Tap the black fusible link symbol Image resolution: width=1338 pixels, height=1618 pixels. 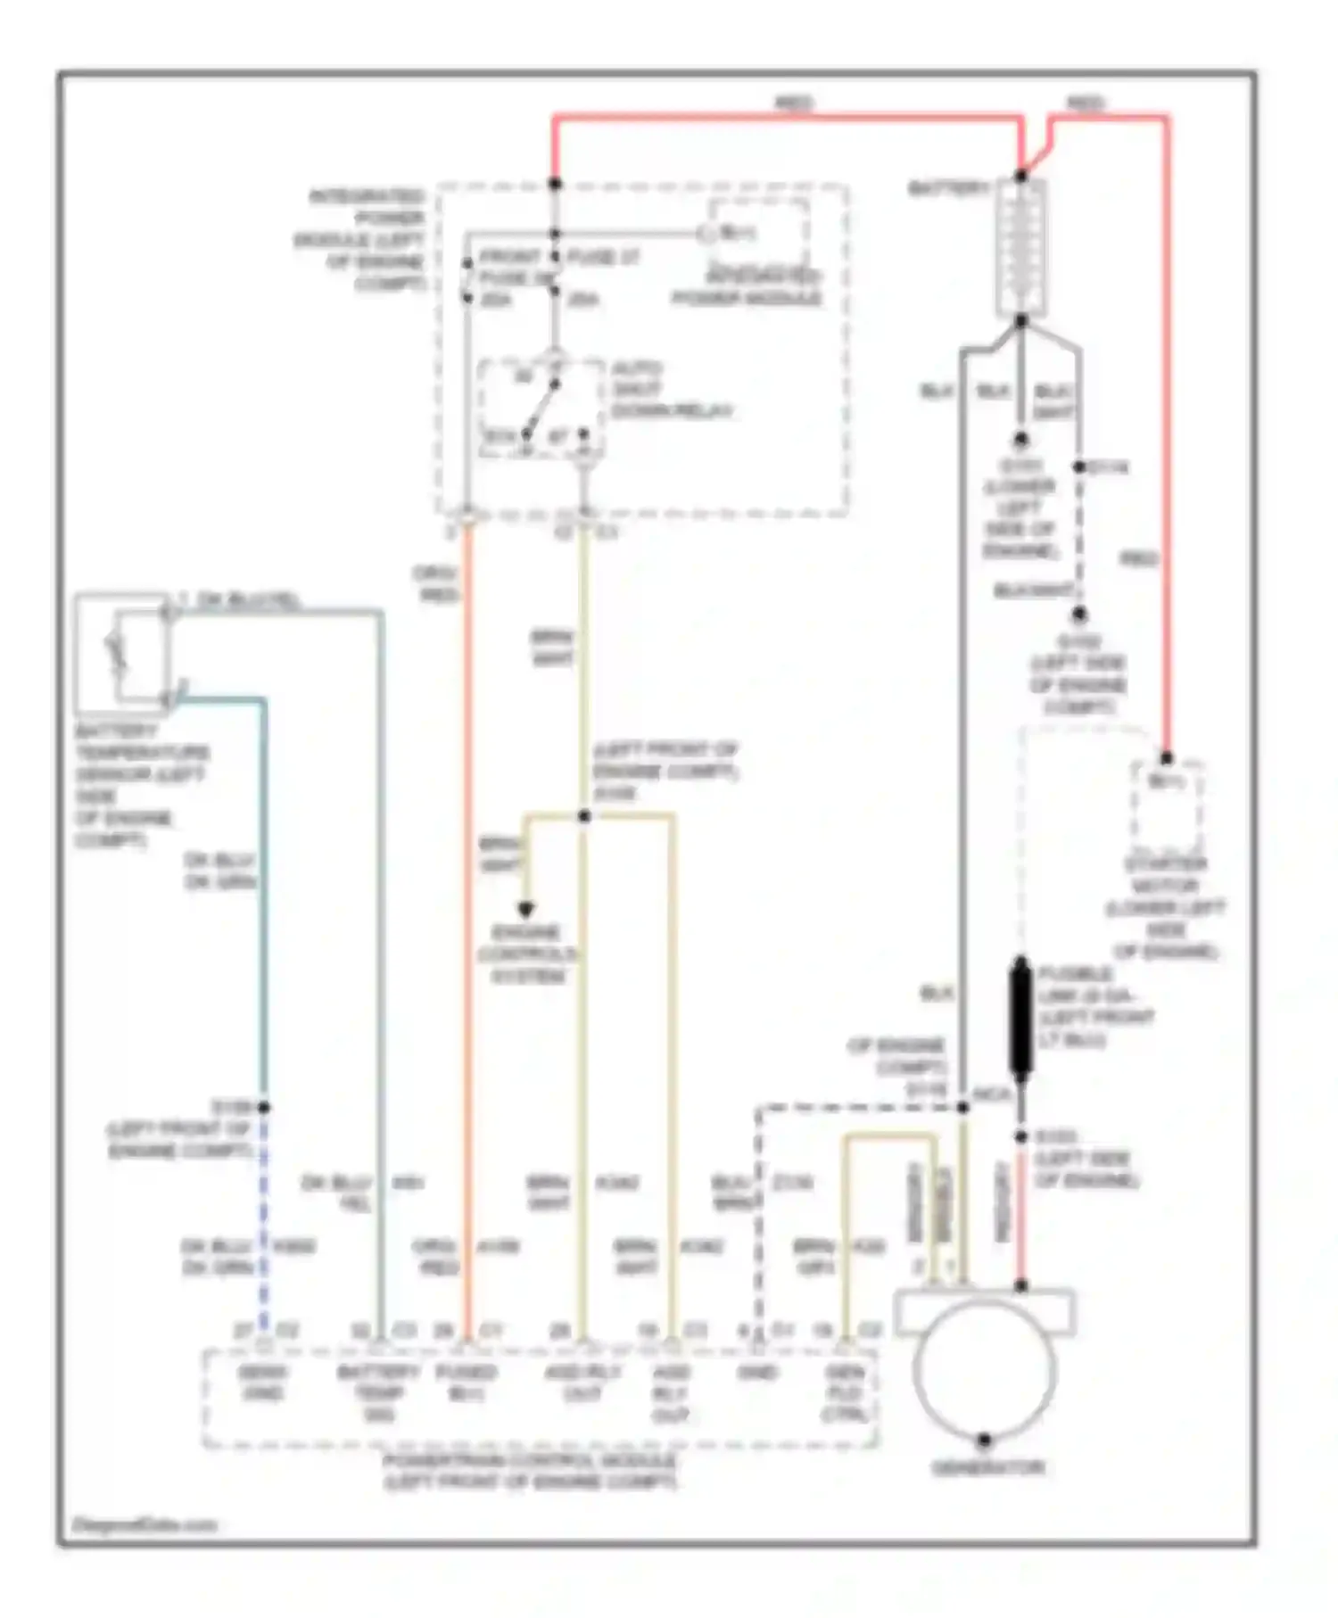click(1020, 1018)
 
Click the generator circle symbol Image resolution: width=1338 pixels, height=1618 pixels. click(984, 1370)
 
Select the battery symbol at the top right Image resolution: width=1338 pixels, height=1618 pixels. click(1020, 247)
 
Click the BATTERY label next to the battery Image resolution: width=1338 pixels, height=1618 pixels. click(948, 189)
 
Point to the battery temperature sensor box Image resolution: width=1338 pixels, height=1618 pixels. click(121, 654)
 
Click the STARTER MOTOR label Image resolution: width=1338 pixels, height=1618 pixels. click(1165, 907)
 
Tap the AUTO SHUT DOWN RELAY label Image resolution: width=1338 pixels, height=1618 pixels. click(671, 390)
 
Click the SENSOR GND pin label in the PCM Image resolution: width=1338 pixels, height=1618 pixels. click(262, 1383)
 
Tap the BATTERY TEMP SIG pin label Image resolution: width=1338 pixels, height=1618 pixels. click(378, 1392)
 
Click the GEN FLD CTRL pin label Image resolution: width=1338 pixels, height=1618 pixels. click(843, 1393)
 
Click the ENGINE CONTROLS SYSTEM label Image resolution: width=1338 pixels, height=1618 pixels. click(526, 954)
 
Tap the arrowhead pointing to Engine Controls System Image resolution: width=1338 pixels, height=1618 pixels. click(526, 911)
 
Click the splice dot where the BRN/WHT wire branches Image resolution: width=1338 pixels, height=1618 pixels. click(584, 816)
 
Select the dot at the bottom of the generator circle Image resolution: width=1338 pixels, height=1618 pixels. click(984, 1440)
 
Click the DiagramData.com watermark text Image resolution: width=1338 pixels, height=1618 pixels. click(143, 1525)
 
